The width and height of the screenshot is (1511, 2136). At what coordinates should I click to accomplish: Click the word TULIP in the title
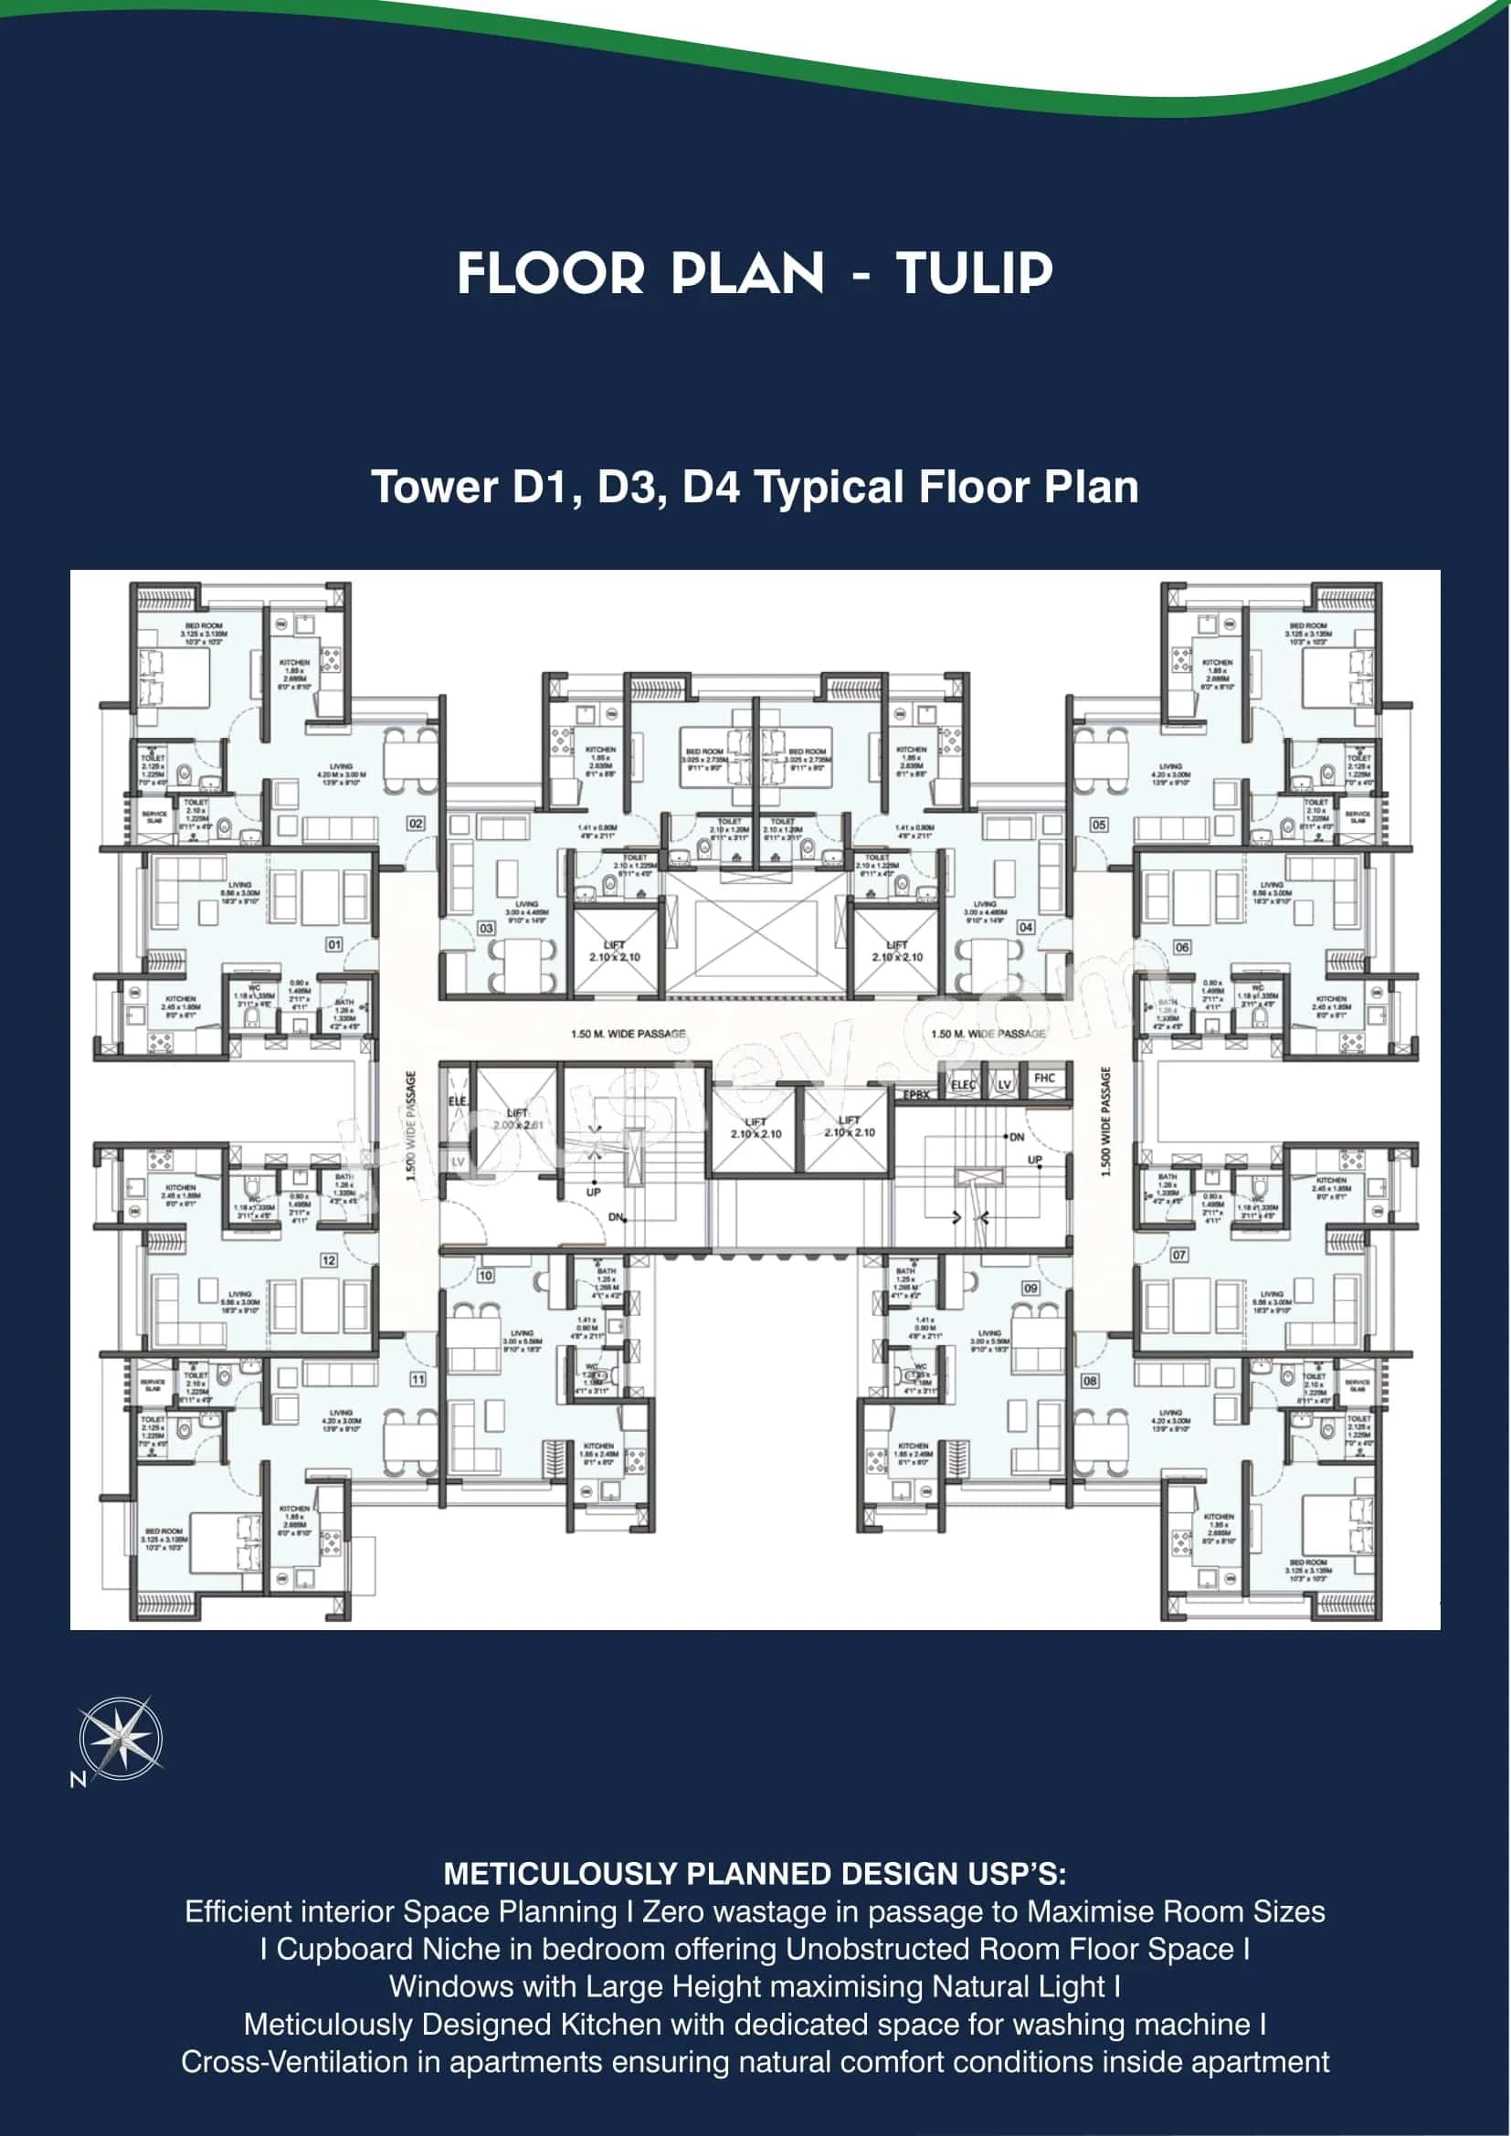pyautogui.click(x=973, y=274)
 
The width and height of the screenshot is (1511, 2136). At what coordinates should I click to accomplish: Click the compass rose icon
pyautogui.click(x=120, y=1738)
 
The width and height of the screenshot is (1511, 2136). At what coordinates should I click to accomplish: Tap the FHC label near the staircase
pyautogui.click(x=1045, y=1079)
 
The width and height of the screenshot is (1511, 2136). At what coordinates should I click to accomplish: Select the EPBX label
pyautogui.click(x=916, y=1095)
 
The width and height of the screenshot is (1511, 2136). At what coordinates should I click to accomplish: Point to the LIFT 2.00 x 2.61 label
pyautogui.click(x=517, y=1120)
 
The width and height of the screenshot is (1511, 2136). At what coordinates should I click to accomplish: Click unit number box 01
pyautogui.click(x=334, y=944)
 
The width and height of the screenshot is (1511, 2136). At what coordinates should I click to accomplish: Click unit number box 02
pyautogui.click(x=416, y=824)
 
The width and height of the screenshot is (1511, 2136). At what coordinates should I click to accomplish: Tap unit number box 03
pyautogui.click(x=487, y=928)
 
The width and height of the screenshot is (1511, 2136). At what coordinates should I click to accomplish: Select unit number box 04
pyautogui.click(x=1025, y=928)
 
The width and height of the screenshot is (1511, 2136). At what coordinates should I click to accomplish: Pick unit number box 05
pyautogui.click(x=1099, y=825)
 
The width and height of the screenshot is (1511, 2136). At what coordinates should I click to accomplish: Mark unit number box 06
pyautogui.click(x=1181, y=947)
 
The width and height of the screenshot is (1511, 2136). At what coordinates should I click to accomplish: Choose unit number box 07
pyautogui.click(x=1178, y=1255)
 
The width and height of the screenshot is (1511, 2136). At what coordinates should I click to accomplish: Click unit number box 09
pyautogui.click(x=1030, y=1289)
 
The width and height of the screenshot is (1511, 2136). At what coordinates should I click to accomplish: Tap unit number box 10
pyautogui.click(x=486, y=1276)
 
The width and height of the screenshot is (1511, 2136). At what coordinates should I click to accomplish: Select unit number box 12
pyautogui.click(x=329, y=1259)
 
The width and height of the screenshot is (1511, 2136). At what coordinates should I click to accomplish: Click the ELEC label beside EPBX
pyautogui.click(x=963, y=1085)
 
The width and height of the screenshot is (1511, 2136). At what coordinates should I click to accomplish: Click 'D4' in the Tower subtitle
pyautogui.click(x=711, y=488)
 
